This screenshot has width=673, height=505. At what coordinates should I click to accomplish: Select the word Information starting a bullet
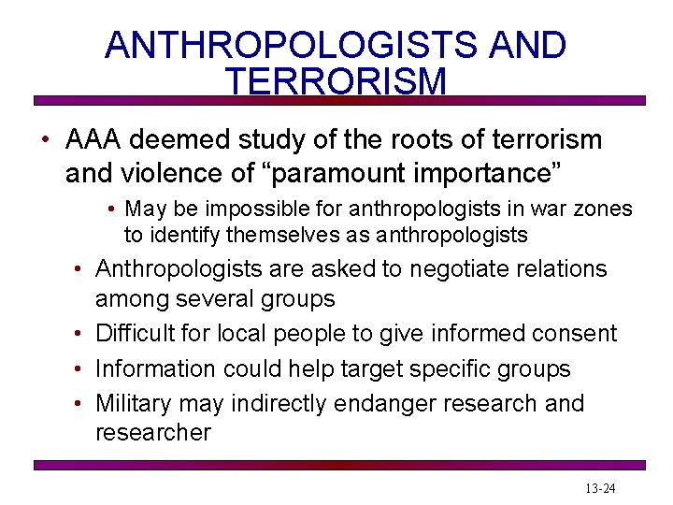[x=156, y=368]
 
